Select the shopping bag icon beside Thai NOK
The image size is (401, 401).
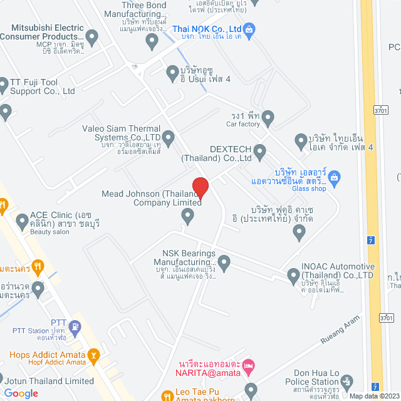tap(249, 28)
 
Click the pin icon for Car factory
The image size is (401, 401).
tap(268, 117)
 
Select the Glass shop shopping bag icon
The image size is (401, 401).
tap(335, 177)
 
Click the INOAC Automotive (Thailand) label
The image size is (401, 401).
tap(338, 271)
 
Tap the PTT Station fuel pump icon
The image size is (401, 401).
tap(75, 326)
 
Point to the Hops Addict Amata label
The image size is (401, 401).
tap(46, 355)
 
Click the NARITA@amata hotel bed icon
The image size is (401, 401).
tap(249, 365)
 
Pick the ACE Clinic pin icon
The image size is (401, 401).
tap(21, 220)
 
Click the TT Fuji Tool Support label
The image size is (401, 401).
tap(41, 86)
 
